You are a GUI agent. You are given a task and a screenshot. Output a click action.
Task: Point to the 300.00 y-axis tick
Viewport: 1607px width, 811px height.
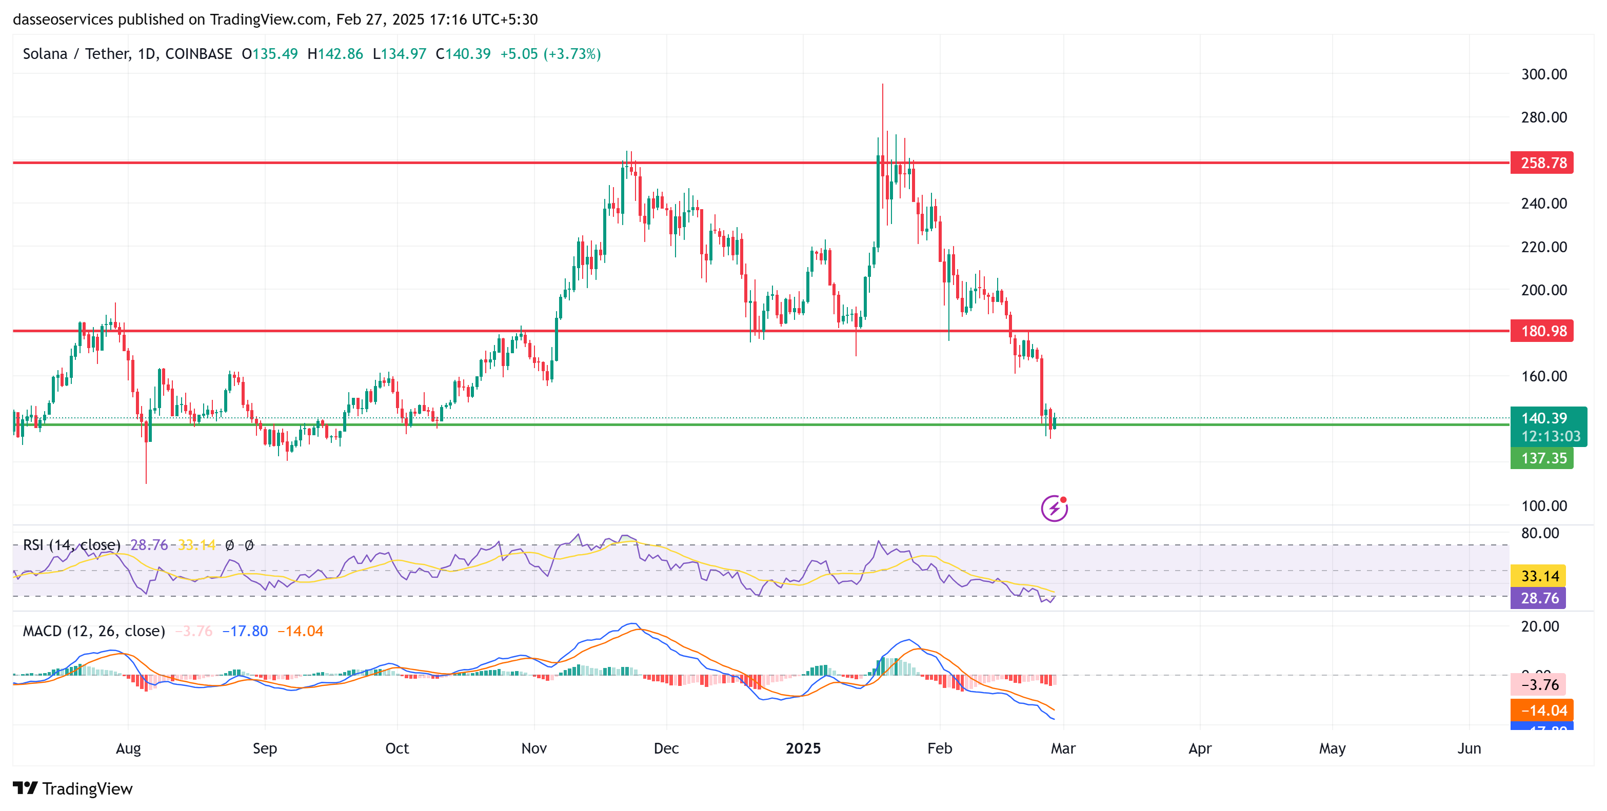(1543, 74)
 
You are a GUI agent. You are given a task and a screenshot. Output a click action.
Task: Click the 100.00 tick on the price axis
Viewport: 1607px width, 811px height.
(1543, 505)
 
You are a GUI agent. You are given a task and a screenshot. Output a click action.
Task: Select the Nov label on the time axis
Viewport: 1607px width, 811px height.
(534, 748)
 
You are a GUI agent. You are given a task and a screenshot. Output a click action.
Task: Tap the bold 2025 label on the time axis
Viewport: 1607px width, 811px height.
(803, 748)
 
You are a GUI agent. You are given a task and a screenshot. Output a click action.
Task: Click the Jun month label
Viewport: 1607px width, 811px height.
(1469, 748)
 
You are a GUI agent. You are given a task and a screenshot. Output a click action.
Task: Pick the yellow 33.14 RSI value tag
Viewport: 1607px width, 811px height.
(1539, 575)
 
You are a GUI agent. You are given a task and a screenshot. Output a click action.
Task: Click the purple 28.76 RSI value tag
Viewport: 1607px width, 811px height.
(1539, 598)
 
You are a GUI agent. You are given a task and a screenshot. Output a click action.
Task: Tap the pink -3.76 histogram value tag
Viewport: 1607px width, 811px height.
(1539, 684)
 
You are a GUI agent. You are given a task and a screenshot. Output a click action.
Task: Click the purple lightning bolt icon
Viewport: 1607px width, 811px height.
(1054, 508)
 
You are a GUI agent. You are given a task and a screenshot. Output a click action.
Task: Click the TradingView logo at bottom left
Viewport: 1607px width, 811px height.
(73, 788)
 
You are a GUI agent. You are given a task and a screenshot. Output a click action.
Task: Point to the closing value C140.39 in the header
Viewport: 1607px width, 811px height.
(463, 54)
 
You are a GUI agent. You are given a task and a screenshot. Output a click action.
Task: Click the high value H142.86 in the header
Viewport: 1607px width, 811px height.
(335, 54)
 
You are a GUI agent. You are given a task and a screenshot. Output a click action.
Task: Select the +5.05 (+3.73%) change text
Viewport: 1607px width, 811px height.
(550, 54)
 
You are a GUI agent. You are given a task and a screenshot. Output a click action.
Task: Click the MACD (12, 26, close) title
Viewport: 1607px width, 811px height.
(93, 631)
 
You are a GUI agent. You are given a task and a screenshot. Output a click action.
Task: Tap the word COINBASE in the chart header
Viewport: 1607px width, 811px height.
(199, 54)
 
